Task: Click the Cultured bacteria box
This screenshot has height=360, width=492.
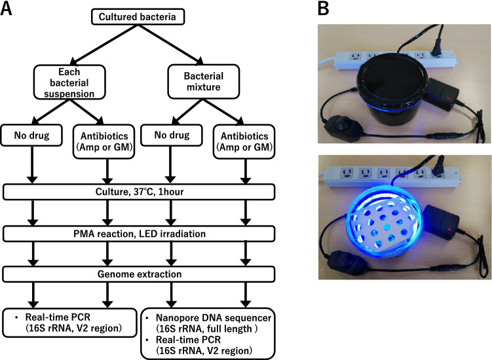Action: pos(137,16)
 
